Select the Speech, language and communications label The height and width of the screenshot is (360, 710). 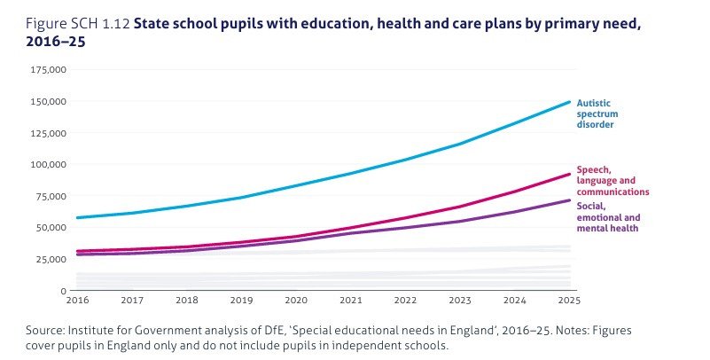click(612, 180)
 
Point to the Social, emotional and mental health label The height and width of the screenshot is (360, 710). click(608, 217)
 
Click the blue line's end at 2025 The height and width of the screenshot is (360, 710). click(568, 102)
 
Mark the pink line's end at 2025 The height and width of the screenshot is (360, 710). click(568, 174)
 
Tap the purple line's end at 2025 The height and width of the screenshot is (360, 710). click(568, 200)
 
